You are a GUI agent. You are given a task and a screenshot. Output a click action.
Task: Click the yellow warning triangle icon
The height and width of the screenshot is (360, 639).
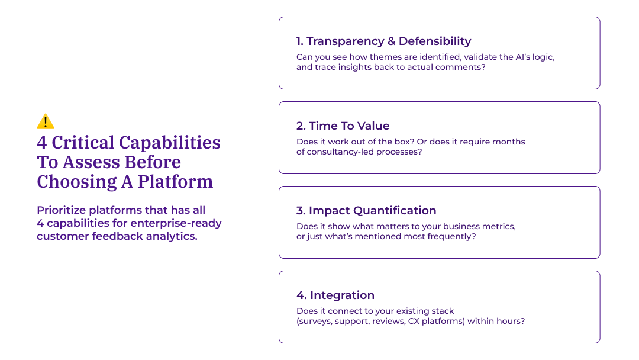(x=46, y=121)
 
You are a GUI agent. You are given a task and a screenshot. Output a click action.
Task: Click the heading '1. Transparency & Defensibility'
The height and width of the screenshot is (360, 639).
(x=383, y=41)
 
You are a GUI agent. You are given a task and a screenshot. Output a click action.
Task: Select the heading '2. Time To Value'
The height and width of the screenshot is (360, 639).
(x=343, y=126)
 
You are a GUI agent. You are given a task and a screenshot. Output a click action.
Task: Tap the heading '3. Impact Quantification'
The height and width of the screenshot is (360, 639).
(x=366, y=211)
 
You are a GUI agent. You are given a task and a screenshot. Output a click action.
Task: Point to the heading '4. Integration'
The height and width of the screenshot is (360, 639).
(x=335, y=295)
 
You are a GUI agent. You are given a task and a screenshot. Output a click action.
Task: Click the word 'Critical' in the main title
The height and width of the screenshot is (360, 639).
(x=83, y=143)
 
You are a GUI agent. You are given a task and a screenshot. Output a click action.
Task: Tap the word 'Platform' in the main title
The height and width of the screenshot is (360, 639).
(x=175, y=182)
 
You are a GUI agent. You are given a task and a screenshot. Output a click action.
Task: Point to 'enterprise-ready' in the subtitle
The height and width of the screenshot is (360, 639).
(x=176, y=223)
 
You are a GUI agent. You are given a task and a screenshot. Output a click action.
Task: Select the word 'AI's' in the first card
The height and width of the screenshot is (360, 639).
(x=512, y=57)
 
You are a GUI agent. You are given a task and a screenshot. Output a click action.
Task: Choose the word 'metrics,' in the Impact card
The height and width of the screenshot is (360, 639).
(x=499, y=227)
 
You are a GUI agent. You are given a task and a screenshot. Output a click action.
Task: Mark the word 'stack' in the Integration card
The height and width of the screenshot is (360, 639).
(x=443, y=311)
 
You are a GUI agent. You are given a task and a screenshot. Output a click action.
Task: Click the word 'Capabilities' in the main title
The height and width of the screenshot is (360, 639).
(x=170, y=143)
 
